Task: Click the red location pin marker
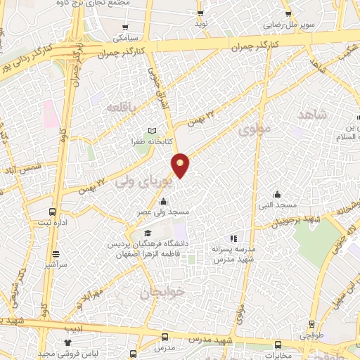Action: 181,165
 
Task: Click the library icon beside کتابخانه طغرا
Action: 154,131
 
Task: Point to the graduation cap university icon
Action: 147,233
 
